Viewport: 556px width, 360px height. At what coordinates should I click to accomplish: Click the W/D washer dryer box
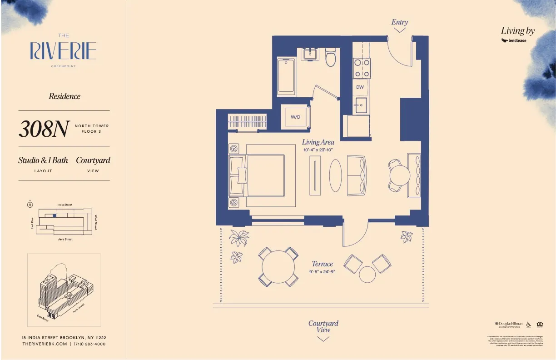tap(296, 117)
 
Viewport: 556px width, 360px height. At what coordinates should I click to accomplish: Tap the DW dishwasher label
tap(360, 87)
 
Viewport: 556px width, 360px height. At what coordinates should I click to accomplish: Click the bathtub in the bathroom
tap(286, 76)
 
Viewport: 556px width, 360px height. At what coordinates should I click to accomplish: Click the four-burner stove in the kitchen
tap(362, 68)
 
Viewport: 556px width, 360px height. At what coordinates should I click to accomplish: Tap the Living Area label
tap(318, 142)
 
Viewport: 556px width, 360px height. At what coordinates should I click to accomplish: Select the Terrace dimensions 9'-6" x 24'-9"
tap(322, 272)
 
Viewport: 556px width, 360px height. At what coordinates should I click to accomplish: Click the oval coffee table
tap(337, 175)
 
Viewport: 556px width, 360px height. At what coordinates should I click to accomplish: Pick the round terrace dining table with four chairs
tap(279, 267)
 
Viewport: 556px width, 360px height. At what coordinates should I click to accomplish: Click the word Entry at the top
tap(399, 22)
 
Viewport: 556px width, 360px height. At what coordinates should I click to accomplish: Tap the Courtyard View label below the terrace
tap(323, 326)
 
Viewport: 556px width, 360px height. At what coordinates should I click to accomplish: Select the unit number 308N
tap(44, 129)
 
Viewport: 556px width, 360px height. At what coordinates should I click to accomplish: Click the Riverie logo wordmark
tap(63, 50)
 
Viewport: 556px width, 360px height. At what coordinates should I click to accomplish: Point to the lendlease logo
tap(514, 40)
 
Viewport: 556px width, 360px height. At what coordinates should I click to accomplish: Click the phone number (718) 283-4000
tap(89, 344)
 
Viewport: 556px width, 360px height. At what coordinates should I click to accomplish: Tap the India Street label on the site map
tap(65, 205)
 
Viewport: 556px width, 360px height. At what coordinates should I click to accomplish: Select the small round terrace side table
tap(367, 274)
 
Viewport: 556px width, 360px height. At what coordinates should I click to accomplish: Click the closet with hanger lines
tap(248, 122)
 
